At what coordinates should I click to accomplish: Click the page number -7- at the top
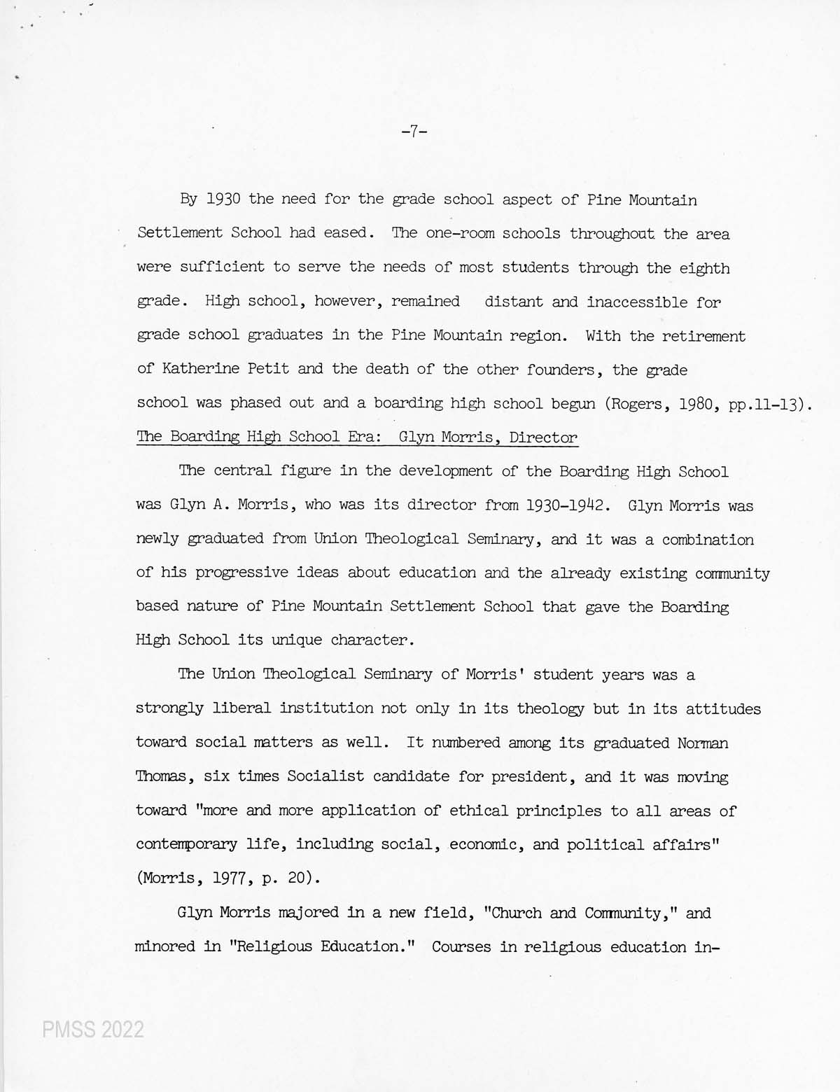(414, 132)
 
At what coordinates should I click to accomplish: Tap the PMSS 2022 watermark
(92, 1029)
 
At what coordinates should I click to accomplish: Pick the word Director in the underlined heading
(543, 437)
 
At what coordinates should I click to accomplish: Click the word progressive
(242, 573)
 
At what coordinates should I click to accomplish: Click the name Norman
(702, 743)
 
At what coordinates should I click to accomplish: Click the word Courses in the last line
(461, 946)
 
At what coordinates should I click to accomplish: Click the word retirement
(704, 335)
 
